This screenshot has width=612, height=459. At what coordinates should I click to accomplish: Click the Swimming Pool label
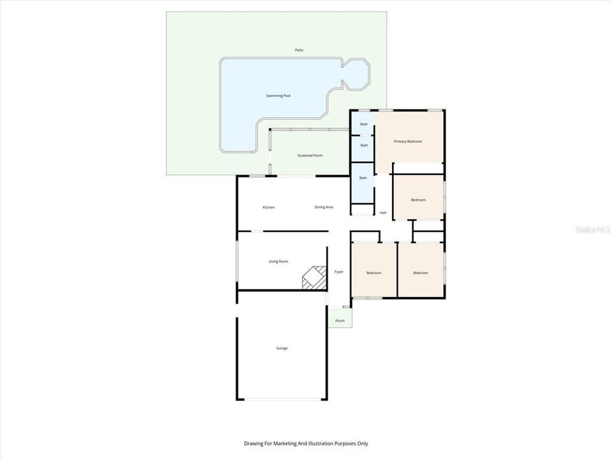[278, 96]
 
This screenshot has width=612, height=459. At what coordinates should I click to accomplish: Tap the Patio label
[299, 50]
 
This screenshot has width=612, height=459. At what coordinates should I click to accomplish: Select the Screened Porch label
[310, 156]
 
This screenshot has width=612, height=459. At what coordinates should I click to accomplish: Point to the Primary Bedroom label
[407, 142]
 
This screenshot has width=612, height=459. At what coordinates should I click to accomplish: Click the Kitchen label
[268, 207]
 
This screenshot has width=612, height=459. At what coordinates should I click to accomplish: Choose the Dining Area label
[324, 207]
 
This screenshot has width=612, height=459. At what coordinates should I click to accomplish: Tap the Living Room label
[278, 261]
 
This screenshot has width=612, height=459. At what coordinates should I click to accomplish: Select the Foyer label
[339, 272]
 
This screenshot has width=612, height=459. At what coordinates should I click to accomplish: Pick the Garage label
[281, 348]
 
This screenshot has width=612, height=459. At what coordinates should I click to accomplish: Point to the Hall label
[383, 213]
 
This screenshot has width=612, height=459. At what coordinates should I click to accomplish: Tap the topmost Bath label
[364, 124]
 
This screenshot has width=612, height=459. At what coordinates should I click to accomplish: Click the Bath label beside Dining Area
[363, 178]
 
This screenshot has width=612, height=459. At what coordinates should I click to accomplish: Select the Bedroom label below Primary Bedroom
[418, 200]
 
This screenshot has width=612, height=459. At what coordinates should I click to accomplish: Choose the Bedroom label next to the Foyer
[374, 273]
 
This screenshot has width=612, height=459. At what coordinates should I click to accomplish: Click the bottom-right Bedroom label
[421, 273]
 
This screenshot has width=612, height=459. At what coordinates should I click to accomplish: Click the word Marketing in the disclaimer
[293, 444]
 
